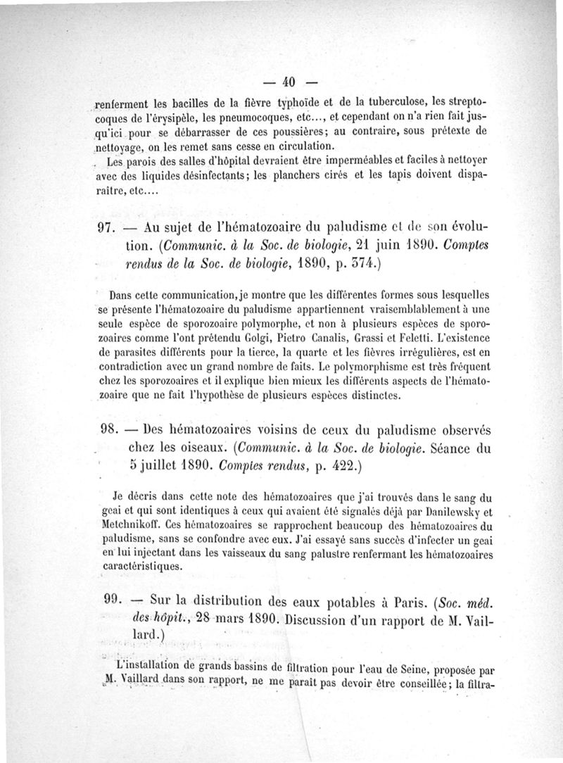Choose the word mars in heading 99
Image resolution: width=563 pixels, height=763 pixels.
pos(216,617)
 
